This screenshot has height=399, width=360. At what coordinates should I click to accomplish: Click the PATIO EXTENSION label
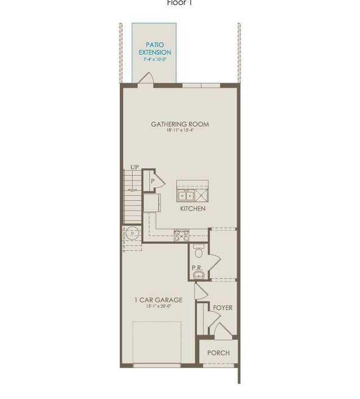[x=155, y=48]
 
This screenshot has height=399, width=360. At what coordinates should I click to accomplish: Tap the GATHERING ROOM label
[x=180, y=124]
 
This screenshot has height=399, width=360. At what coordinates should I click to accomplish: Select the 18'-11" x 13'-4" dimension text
[x=180, y=131]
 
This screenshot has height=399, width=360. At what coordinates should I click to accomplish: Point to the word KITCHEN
[x=192, y=208]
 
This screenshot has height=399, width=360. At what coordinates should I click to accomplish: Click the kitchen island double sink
[x=187, y=196]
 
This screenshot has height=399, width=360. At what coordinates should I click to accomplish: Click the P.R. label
[x=197, y=268]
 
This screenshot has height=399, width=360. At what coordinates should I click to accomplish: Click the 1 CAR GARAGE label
[x=158, y=300]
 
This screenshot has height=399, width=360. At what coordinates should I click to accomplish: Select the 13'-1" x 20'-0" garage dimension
[x=158, y=307]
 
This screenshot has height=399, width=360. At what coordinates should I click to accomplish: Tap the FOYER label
[x=222, y=308]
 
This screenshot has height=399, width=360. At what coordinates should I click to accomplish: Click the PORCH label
[x=218, y=353]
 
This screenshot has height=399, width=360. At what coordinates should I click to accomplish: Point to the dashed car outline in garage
[x=157, y=343]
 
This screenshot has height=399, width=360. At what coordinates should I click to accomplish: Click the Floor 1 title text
[x=180, y=3]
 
